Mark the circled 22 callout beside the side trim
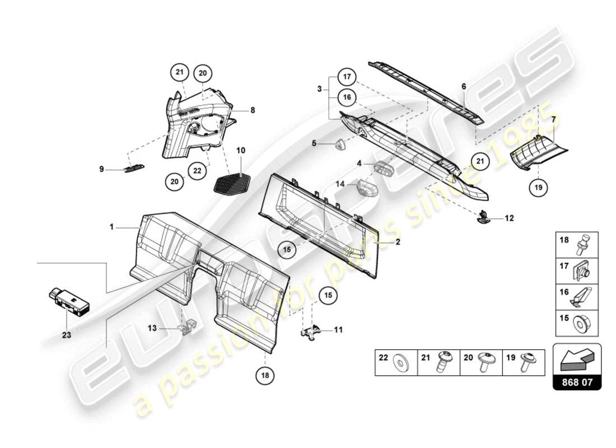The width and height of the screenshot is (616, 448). [x=197, y=171]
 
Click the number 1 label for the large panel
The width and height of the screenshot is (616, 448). [x=111, y=227]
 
